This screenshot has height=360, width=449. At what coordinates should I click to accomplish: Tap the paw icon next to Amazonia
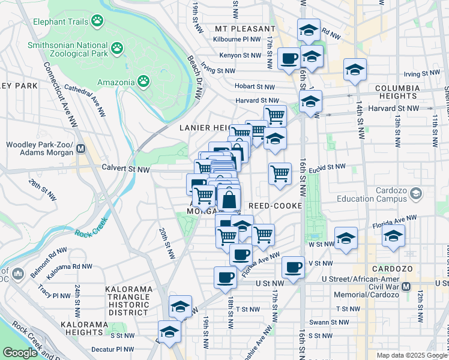point(143,81)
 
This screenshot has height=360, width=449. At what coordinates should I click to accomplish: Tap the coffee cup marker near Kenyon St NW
point(289,59)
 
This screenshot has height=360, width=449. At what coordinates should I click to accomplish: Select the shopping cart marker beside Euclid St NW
point(280,173)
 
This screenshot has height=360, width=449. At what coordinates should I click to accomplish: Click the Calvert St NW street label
point(125,169)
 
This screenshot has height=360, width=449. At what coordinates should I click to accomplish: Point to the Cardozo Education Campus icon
point(416,194)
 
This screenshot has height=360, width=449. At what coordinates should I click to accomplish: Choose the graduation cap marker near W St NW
point(346,238)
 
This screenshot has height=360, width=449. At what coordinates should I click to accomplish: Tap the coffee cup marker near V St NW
point(292,267)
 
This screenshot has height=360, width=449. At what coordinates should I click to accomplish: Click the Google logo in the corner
point(20,353)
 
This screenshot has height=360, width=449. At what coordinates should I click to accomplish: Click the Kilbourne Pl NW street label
point(238,40)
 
